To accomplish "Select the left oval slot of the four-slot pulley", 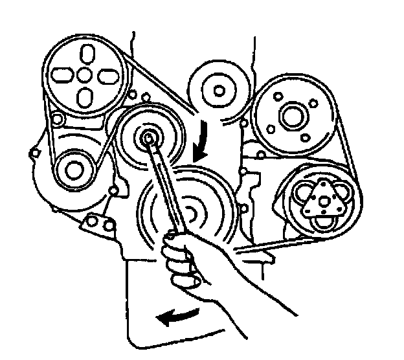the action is [x=62, y=75].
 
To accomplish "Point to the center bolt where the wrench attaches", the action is [x=149, y=137].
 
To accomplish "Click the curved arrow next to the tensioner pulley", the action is [x=204, y=138].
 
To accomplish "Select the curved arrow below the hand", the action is [x=177, y=318].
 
